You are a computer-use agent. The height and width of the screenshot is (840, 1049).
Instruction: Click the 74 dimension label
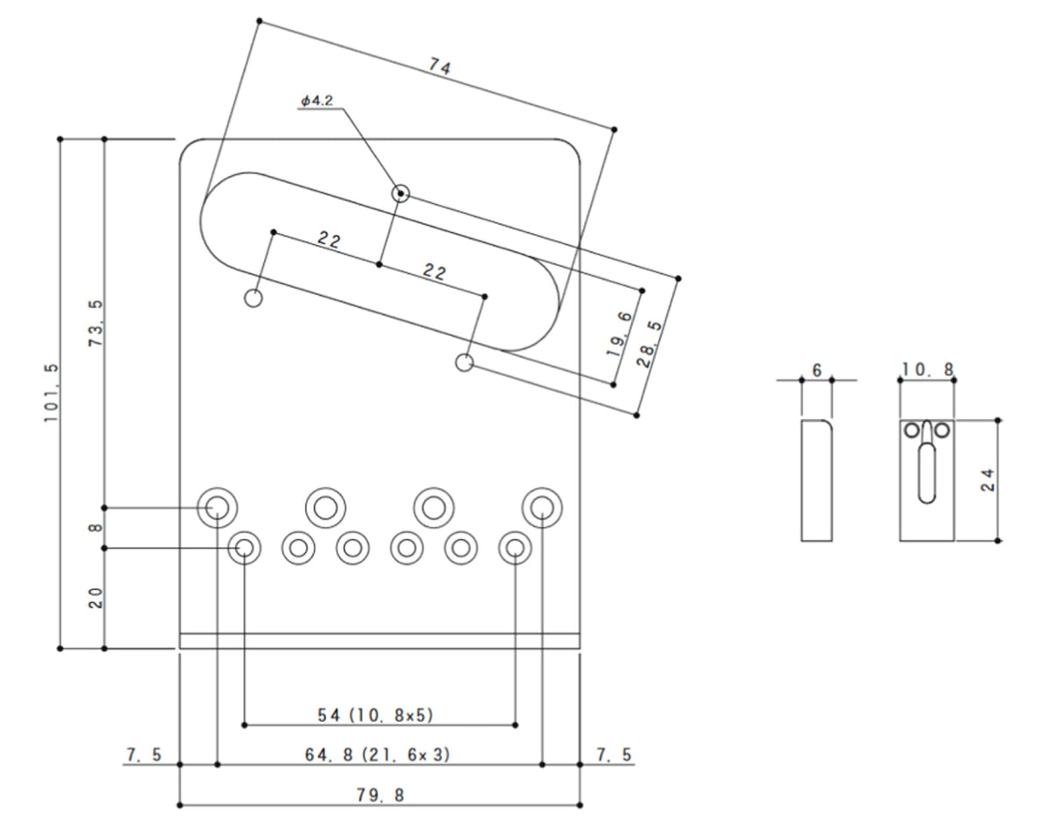coord(440,66)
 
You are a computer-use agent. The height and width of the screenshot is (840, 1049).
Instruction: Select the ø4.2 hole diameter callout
coord(316,101)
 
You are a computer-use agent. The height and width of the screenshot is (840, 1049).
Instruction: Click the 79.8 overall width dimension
coord(380,794)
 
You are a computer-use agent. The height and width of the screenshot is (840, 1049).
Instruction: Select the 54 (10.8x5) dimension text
coord(375,715)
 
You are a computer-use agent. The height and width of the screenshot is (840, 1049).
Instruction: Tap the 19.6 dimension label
coord(617,337)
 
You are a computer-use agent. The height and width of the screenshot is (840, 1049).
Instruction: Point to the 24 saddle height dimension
coord(988,479)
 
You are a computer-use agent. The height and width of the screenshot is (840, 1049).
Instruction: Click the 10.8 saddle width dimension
coord(927,370)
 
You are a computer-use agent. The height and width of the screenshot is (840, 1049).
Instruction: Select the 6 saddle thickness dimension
coord(816,370)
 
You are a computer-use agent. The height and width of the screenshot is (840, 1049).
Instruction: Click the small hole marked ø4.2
coord(400,193)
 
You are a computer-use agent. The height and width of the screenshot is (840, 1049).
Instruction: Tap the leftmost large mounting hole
coord(216,506)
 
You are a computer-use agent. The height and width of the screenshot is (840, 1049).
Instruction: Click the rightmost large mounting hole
coord(543,506)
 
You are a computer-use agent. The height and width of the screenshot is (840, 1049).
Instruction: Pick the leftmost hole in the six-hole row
coord(245,548)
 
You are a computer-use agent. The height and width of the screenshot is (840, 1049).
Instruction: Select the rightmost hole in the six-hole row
coord(516,548)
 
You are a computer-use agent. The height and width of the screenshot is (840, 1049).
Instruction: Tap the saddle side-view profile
coord(816,480)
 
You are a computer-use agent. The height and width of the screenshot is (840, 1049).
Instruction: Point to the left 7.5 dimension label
coord(143,754)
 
